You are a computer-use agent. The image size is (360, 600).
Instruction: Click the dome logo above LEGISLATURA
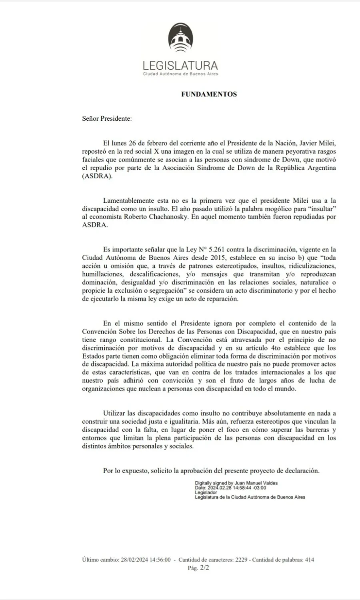(x=180, y=40)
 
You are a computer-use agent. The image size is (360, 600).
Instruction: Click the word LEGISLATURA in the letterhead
(x=180, y=66)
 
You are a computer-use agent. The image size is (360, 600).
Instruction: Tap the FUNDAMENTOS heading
(x=209, y=94)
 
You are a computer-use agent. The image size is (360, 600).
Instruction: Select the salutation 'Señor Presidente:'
(x=107, y=119)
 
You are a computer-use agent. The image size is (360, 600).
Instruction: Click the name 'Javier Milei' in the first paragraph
(x=319, y=144)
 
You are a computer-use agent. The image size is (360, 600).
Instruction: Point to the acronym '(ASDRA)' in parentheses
(x=97, y=176)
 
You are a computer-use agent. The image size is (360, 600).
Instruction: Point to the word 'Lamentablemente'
(x=126, y=201)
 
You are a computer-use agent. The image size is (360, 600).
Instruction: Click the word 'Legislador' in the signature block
(x=206, y=492)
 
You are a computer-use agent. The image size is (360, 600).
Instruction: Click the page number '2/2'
(x=204, y=568)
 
